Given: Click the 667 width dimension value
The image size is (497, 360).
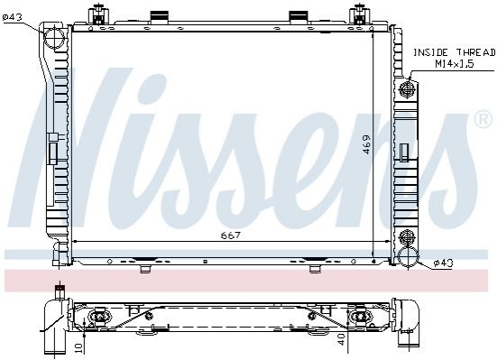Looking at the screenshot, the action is tap(231, 235).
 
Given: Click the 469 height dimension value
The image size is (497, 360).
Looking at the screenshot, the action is tap(366, 144).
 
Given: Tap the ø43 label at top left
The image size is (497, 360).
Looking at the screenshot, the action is tap(12, 17).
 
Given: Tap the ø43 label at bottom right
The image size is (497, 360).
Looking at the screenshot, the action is tap(444, 263).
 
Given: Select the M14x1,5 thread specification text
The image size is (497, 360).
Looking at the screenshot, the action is tap(455, 64).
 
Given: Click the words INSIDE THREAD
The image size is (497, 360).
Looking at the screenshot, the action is tap(454, 52).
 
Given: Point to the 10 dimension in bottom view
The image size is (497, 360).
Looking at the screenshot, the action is tap(79, 348).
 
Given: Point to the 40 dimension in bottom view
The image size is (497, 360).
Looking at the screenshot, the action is tap(341, 340).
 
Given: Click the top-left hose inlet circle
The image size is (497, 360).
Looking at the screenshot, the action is tap(54, 37).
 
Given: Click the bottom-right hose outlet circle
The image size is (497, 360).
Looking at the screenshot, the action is tap(409, 257).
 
